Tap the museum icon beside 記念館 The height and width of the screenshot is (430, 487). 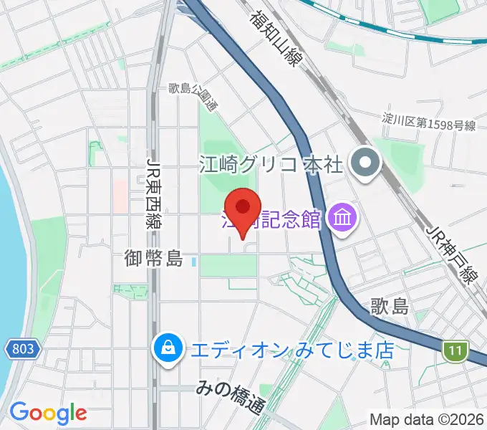[341, 218]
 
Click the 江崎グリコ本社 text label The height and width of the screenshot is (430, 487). [271, 165]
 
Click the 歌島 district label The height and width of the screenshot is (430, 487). [390, 307]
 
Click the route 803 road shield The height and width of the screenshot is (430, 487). [23, 349]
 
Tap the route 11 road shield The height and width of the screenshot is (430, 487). [455, 352]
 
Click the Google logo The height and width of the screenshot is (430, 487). [48, 413]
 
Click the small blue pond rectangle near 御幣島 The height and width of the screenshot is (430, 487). [195, 262]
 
